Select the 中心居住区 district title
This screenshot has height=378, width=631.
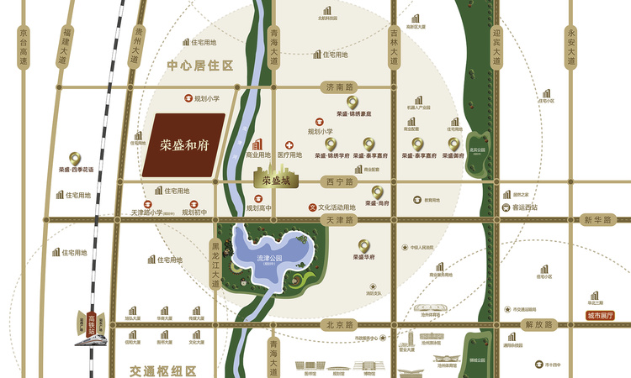coord(199,65)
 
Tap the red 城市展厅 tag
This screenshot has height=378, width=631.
coord(601,317)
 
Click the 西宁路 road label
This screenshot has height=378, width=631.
coord(335,179)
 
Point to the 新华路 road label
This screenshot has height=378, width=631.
coord(594,219)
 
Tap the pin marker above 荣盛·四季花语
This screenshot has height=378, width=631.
coord(76,157)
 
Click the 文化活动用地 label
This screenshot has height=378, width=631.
coord(336,207)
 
